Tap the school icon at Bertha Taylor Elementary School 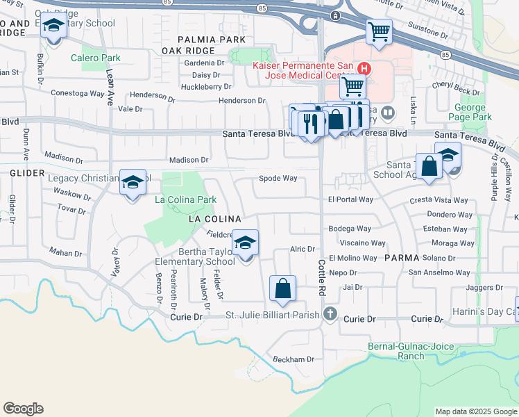click(245, 243)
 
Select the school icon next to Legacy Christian click(133, 183)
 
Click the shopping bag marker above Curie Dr click(282, 288)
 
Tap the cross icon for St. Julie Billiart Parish click(330, 315)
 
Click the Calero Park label click(96, 58)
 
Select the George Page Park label click(473, 113)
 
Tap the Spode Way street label click(278, 179)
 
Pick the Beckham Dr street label click(293, 359)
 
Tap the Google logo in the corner click(24, 409)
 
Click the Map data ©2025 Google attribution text click(475, 411)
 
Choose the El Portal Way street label click(350, 199)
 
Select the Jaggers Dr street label click(484, 287)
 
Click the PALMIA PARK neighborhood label click(211, 40)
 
